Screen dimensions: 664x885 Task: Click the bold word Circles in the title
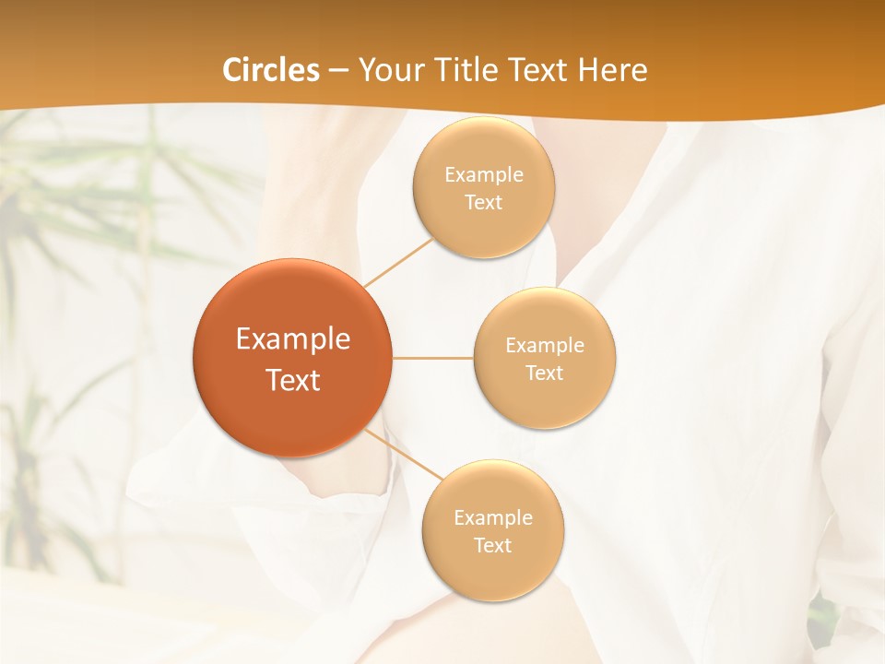pos(271,70)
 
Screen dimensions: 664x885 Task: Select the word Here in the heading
pos(613,70)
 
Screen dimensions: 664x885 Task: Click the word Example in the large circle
pos(293,339)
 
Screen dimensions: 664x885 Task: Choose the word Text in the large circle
pos(293,380)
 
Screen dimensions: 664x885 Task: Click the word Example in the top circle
pos(484,174)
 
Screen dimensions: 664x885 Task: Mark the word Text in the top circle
pos(484,202)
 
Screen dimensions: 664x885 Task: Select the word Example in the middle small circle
pos(545,345)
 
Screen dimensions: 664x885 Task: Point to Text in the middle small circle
pos(545,373)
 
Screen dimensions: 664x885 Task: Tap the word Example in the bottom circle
pos(493,517)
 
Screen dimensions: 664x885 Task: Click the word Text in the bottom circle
pos(493,545)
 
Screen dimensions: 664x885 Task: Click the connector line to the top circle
pos(398,262)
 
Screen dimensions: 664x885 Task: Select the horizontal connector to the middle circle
pos(433,358)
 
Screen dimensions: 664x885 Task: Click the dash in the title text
pos(337,70)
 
